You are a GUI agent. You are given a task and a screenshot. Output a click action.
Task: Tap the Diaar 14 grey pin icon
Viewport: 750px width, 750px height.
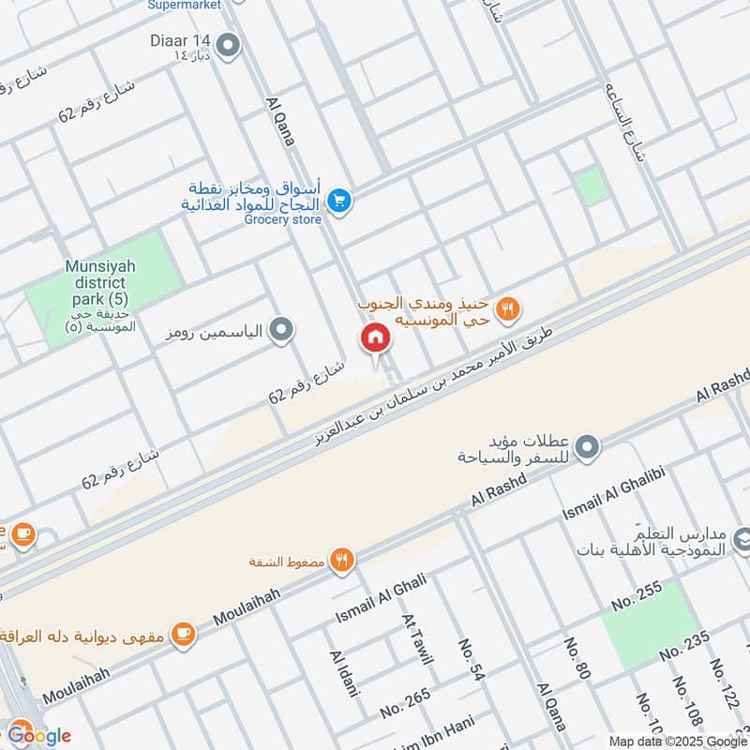pyautogui.click(x=226, y=44)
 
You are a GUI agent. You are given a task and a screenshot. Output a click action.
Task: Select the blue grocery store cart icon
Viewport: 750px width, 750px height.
pyautogui.click(x=339, y=201)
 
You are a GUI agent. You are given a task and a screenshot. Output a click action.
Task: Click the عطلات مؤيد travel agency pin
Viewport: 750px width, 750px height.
pyautogui.click(x=587, y=447)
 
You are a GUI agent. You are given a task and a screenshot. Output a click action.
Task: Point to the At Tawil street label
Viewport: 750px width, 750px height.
pyautogui.click(x=417, y=638)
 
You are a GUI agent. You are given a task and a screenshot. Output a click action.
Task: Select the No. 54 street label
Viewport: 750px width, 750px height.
pyautogui.click(x=472, y=659)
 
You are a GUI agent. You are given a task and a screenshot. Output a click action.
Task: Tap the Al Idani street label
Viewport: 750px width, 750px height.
pyautogui.click(x=344, y=673)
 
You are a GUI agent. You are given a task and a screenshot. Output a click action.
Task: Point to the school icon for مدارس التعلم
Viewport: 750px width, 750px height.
pyautogui.click(x=740, y=540)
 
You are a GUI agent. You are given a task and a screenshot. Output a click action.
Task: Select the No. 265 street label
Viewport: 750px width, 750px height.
pyautogui.click(x=406, y=704)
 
